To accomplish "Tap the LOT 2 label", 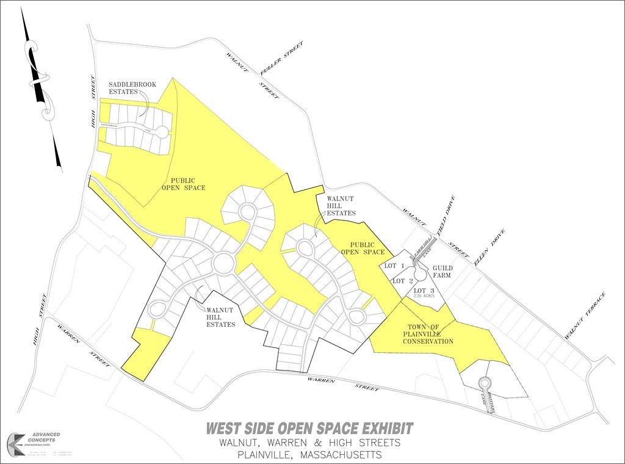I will click(399, 281).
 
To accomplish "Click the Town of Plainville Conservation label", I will click(428, 335).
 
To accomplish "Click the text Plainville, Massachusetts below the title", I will click(310, 455).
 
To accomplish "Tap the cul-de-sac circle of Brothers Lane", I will click(485, 383).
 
